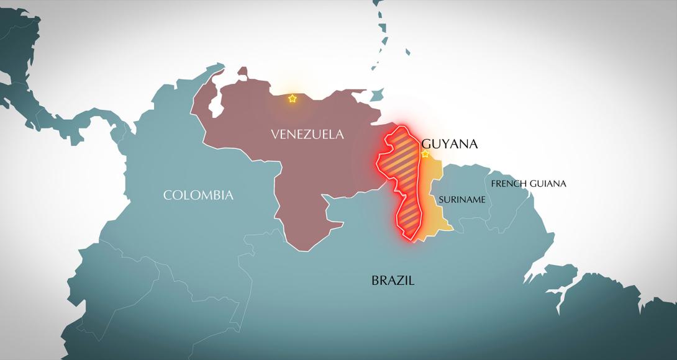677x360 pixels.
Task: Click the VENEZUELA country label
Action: (307, 134)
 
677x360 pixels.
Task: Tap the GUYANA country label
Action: (449, 143)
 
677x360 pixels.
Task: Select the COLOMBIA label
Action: (198, 195)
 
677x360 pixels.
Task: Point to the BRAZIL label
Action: (393, 280)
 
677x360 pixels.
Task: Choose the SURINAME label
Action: (461, 199)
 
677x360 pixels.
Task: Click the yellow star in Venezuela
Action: (292, 99)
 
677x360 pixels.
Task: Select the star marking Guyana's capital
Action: (425, 154)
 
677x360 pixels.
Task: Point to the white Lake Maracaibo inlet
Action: (216, 104)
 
